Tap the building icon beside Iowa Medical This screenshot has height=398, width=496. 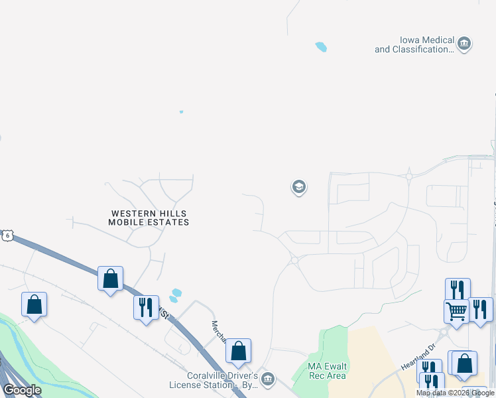(464, 44)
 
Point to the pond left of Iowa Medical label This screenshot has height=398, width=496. (321, 46)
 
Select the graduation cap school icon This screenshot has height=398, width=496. (298, 187)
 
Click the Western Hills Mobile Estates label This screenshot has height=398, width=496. (149, 218)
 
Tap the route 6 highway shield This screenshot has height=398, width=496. (7, 235)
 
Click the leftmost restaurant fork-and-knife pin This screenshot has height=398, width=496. (145, 308)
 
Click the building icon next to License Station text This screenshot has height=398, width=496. (267, 379)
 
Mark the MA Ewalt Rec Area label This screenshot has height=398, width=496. (327, 371)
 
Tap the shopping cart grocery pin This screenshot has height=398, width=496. (456, 311)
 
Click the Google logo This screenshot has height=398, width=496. (22, 390)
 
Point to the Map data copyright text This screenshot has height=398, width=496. (455, 393)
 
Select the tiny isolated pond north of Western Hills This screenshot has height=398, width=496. (181, 111)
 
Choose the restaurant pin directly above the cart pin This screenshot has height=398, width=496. (458, 289)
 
